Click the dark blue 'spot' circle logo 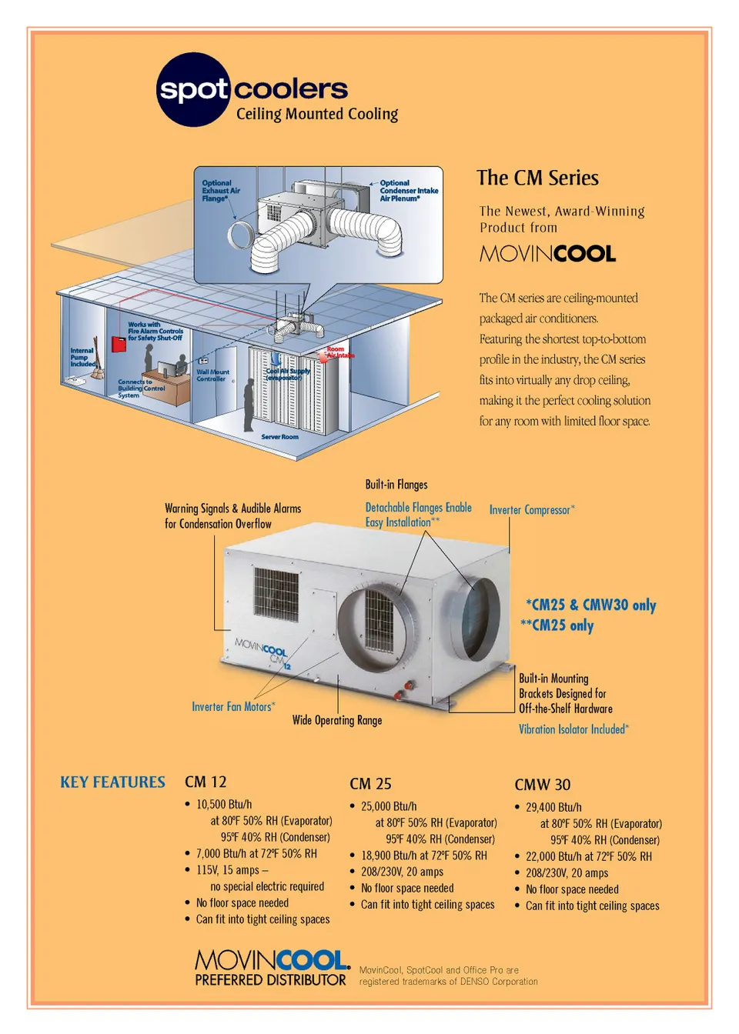[193, 90]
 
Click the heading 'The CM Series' [537, 178]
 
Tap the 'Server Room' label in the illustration [279, 437]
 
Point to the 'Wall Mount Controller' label [212, 375]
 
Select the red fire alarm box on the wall [119, 344]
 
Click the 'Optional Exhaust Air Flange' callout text [220, 191]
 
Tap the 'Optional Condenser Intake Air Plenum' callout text [408, 191]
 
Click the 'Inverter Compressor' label [531, 509]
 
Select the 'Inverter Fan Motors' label [232, 706]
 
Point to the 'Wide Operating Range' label [336, 720]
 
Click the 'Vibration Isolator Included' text [573, 729]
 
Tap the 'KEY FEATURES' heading [112, 782]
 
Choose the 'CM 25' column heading [370, 784]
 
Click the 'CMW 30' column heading [542, 785]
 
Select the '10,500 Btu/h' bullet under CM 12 [223, 804]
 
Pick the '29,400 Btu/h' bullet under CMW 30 [553, 807]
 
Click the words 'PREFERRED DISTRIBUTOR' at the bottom [270, 980]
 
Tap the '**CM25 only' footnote [557, 625]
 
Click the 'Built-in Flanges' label [396, 485]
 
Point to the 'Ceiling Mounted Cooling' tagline [316, 114]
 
